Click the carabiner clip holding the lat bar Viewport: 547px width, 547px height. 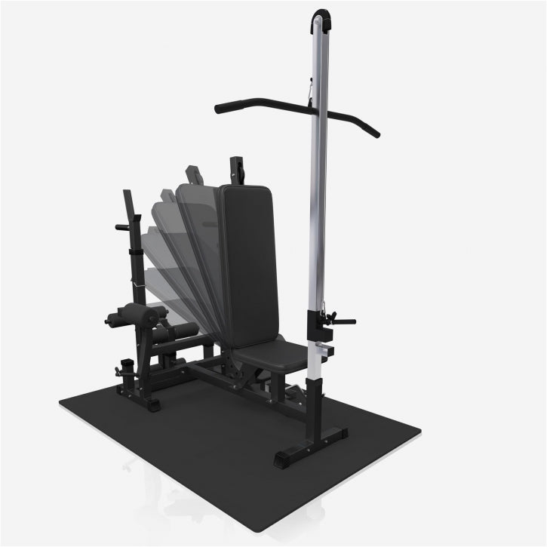[x=309, y=93]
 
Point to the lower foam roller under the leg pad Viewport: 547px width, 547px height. [x=177, y=330]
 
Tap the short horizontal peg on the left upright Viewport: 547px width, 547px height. [x=123, y=226]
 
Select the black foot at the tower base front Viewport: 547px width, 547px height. [x=291, y=457]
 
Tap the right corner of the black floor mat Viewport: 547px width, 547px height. [x=419, y=432]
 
